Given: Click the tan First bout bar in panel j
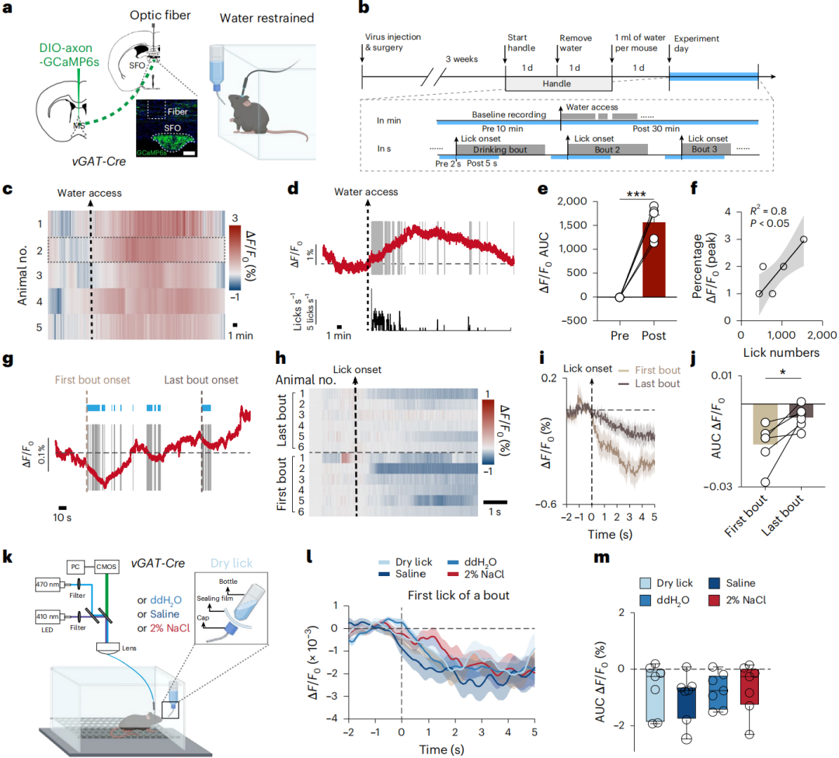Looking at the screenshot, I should coord(765,424).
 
